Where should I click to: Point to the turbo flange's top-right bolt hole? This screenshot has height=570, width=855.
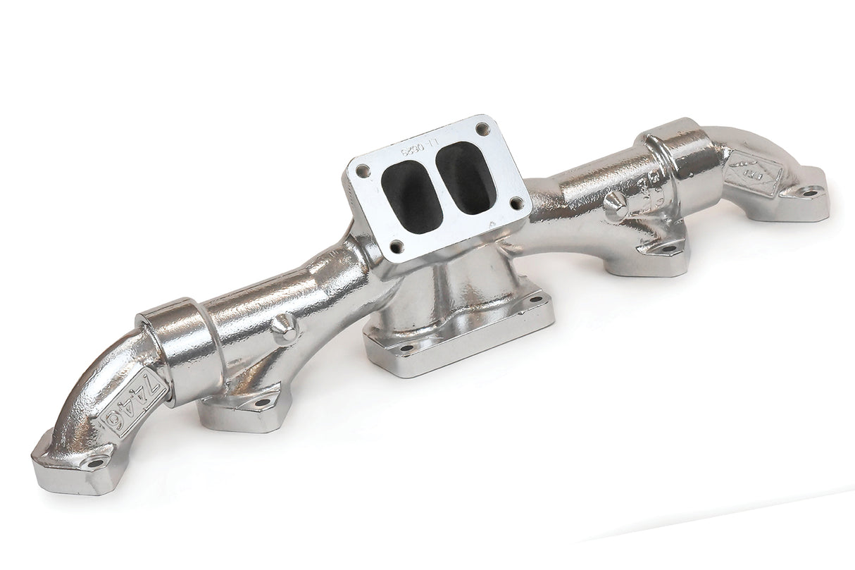coord(482,129)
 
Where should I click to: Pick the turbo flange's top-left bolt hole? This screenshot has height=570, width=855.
coord(362,171)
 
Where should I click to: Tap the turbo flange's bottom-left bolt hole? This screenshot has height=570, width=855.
coord(397,247)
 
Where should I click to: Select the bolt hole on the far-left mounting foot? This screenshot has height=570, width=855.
coord(94,463)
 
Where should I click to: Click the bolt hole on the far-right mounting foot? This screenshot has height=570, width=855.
coord(811,192)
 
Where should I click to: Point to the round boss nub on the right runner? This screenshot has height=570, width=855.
coord(615,205)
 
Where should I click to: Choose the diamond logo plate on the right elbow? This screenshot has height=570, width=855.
coord(753,173)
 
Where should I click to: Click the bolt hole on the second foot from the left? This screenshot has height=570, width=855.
coord(263,403)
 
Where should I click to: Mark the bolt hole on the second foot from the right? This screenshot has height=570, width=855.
coord(667,247)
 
